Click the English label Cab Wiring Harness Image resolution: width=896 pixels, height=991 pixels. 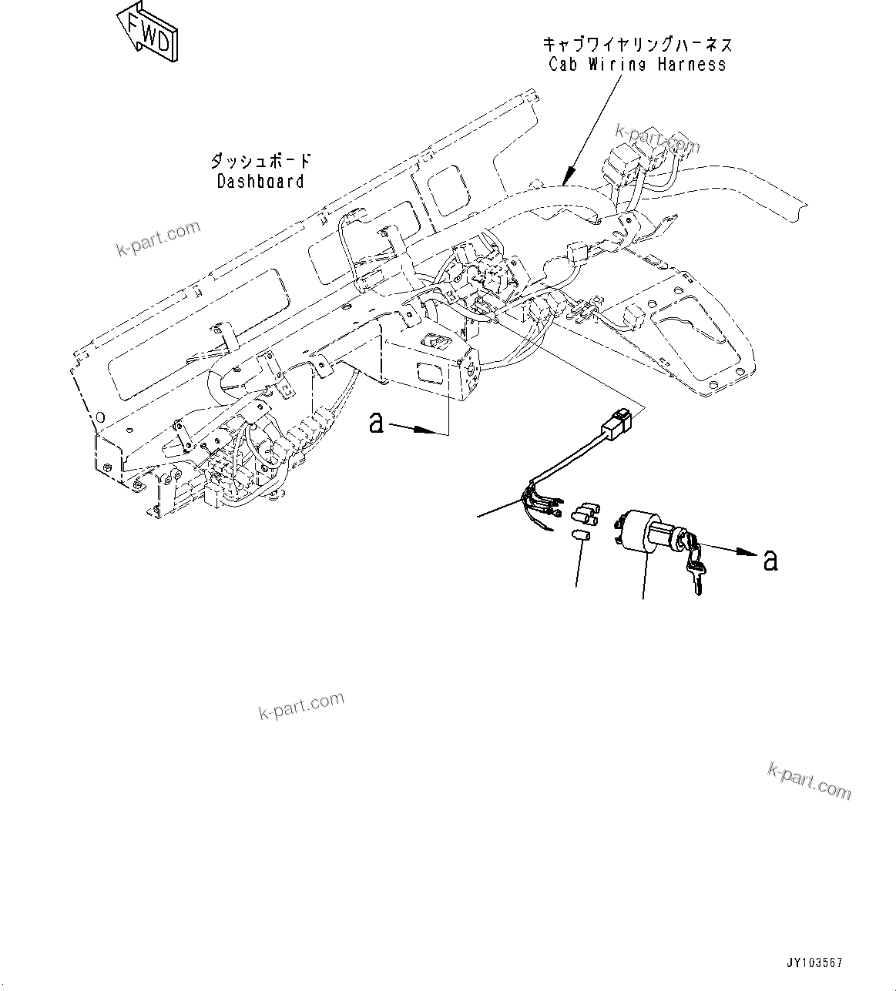point(637,65)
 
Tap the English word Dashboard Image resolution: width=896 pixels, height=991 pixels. point(260,182)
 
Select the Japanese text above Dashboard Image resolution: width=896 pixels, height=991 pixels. point(260,161)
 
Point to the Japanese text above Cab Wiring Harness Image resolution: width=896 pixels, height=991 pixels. point(636,44)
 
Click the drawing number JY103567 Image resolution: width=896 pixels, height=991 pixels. point(814,963)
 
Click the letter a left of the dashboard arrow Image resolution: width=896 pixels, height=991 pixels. point(376,423)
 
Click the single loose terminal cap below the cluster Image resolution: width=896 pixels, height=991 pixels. point(582,536)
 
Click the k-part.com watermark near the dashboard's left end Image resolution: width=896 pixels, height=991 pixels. point(158,238)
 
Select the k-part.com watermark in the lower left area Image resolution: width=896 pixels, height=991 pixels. point(300,705)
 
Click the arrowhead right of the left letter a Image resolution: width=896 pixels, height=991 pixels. point(427,432)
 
